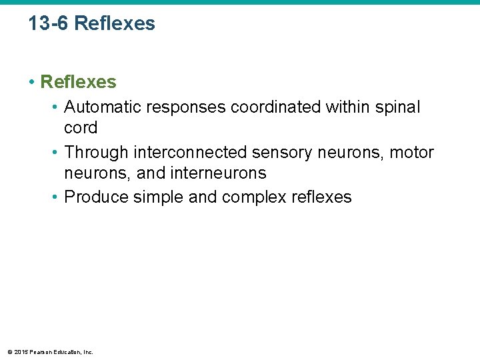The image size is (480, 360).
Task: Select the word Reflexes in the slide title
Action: coord(115,23)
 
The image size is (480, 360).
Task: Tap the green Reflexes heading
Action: coord(78,82)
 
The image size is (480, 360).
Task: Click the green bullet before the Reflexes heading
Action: coord(31,82)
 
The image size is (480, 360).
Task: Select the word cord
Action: coord(81,127)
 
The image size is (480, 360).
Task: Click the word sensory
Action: coord(283,153)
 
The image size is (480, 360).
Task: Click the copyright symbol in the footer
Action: coord(9,352)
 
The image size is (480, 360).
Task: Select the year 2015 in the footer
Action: coord(21,352)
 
